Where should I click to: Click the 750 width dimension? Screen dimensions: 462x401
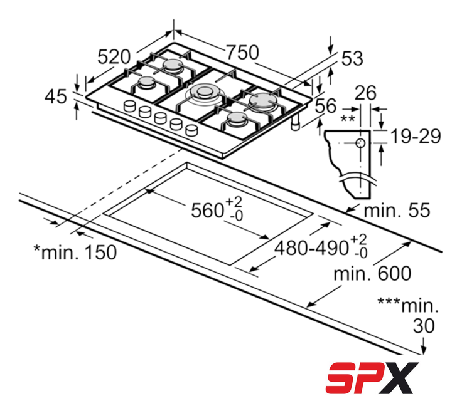[242, 53]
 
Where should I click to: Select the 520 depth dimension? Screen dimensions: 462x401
[114, 57]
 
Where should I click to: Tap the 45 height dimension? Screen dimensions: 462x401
[56, 96]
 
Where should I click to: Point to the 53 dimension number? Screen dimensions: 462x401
[352, 58]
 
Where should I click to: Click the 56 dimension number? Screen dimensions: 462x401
[326, 106]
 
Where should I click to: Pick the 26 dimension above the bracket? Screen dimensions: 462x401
[365, 93]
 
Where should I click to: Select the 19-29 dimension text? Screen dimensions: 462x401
[416, 136]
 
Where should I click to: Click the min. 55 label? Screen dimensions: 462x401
[397, 211]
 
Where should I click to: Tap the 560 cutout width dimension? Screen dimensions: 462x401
[217, 209]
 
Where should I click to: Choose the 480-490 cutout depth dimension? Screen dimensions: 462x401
[321, 247]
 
